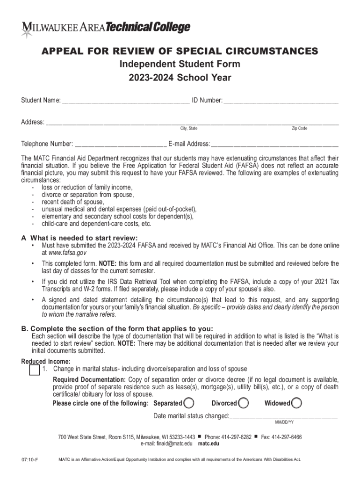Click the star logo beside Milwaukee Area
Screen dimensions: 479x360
click(26, 31)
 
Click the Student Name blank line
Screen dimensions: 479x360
click(126, 101)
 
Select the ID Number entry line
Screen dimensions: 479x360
click(281, 101)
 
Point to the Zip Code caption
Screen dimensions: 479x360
click(299, 129)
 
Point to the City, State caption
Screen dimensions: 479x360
click(189, 129)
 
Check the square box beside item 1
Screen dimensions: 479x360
click(34, 370)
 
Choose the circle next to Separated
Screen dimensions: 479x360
click(189, 403)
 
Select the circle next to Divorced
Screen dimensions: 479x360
click(243, 403)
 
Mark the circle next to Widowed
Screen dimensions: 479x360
click(296, 403)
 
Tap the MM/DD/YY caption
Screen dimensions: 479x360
click(284, 422)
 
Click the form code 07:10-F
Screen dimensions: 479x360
click(29, 460)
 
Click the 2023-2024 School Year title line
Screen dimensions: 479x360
click(180, 78)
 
